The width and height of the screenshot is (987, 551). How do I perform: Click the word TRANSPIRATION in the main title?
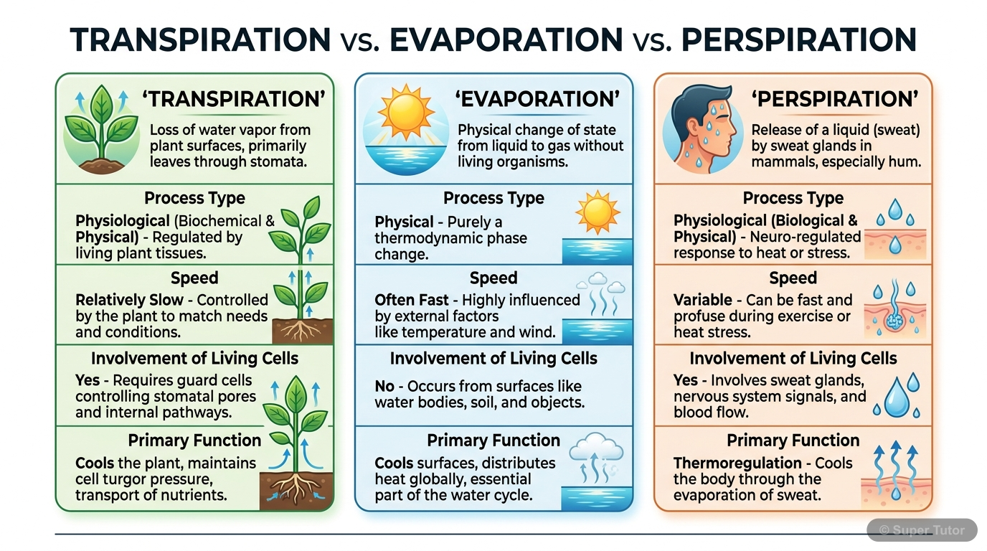tap(200, 39)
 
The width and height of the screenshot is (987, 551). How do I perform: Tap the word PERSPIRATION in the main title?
tap(799, 39)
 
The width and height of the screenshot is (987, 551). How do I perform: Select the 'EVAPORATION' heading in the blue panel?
tap(537, 99)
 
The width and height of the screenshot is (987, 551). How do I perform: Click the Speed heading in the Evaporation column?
tap(493, 278)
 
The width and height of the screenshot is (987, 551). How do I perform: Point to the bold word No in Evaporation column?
tap(384, 386)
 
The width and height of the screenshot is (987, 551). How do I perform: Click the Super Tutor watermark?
tap(922, 530)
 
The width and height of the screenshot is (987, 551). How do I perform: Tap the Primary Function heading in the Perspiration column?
tap(793, 441)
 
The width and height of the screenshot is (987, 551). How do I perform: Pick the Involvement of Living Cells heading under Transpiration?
tap(194, 359)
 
